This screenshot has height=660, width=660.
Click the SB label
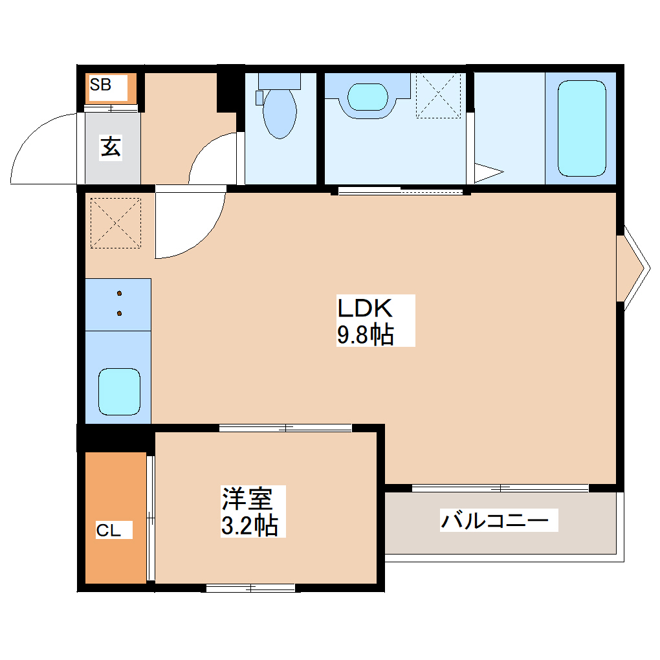click(x=100, y=84)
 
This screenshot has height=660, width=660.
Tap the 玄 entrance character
click(x=110, y=148)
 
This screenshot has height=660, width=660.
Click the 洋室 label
click(x=246, y=499)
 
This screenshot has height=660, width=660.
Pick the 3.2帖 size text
click(x=249, y=526)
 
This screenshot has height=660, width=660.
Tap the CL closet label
click(x=108, y=531)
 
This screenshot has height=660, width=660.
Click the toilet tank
click(x=280, y=80)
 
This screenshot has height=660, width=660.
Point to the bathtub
click(x=582, y=128)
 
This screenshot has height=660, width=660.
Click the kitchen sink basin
click(x=119, y=391)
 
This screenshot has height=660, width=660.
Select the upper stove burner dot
click(x=120, y=294)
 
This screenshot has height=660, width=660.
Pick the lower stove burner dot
click(x=120, y=314)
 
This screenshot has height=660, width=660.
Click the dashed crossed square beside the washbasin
click(x=439, y=95)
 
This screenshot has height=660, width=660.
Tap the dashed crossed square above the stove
click(x=116, y=223)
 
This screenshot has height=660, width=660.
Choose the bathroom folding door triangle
click(x=487, y=172)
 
